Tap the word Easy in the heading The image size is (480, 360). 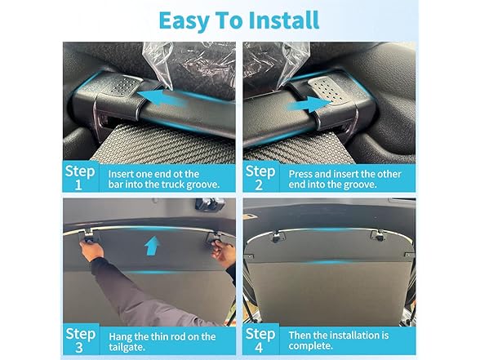(184, 20)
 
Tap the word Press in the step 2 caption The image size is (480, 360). (304, 172)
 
